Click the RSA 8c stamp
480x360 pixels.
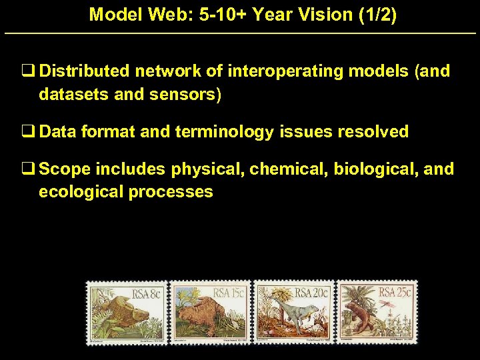[x=127, y=312]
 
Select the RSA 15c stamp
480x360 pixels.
[x=211, y=312]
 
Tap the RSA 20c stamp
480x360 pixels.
[x=293, y=312]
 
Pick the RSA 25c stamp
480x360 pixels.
[x=377, y=312]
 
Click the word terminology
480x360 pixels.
[x=224, y=132]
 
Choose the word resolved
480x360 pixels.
[x=373, y=132]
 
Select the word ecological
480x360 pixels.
[x=77, y=192]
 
